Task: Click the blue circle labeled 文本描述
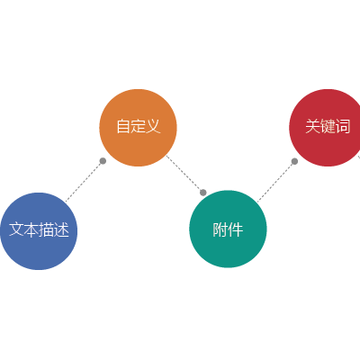click(39, 231)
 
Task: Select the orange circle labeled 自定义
click(138, 128)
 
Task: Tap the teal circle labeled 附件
click(228, 229)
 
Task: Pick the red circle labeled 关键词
click(327, 128)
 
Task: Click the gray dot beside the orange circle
click(103, 161)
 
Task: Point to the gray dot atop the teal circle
click(203, 193)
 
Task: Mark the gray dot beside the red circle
click(294, 161)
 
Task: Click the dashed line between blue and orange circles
click(85, 181)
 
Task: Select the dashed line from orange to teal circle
click(184, 174)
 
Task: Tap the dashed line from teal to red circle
click(276, 182)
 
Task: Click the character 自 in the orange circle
click(123, 126)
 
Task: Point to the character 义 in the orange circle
click(153, 126)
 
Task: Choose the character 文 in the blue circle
click(16, 229)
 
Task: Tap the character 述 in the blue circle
click(61, 229)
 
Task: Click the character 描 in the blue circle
click(47, 229)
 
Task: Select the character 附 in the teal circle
click(220, 230)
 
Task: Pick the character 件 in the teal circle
click(236, 230)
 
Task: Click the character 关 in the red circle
click(313, 126)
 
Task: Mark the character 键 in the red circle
click(328, 126)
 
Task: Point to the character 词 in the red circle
click(343, 126)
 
